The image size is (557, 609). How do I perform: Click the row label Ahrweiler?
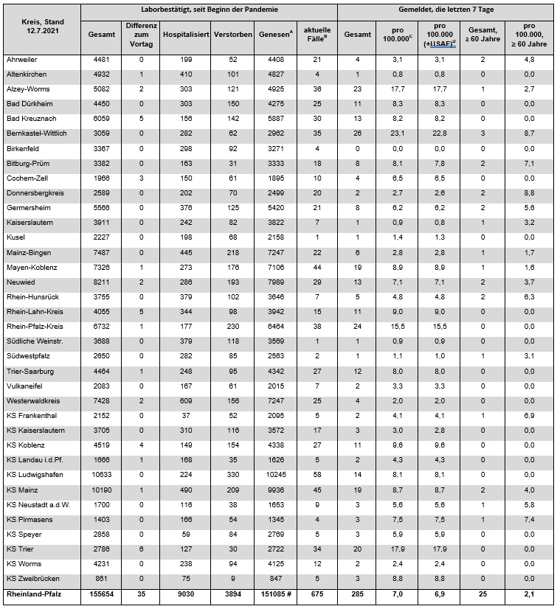point(22,59)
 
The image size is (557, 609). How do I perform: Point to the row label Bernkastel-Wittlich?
point(37,134)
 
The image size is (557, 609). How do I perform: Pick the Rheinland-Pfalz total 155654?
point(101,594)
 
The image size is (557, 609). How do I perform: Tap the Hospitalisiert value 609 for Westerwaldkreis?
point(186,400)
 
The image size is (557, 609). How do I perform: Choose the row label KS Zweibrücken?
point(33,580)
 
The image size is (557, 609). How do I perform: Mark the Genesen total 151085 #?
point(278,594)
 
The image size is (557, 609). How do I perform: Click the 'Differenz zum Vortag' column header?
point(141,35)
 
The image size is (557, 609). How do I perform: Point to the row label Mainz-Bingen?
point(28,252)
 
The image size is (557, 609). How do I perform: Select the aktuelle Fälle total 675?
point(316,594)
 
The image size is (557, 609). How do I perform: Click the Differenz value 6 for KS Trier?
point(141,549)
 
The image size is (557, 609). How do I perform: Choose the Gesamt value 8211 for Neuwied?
point(101,282)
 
